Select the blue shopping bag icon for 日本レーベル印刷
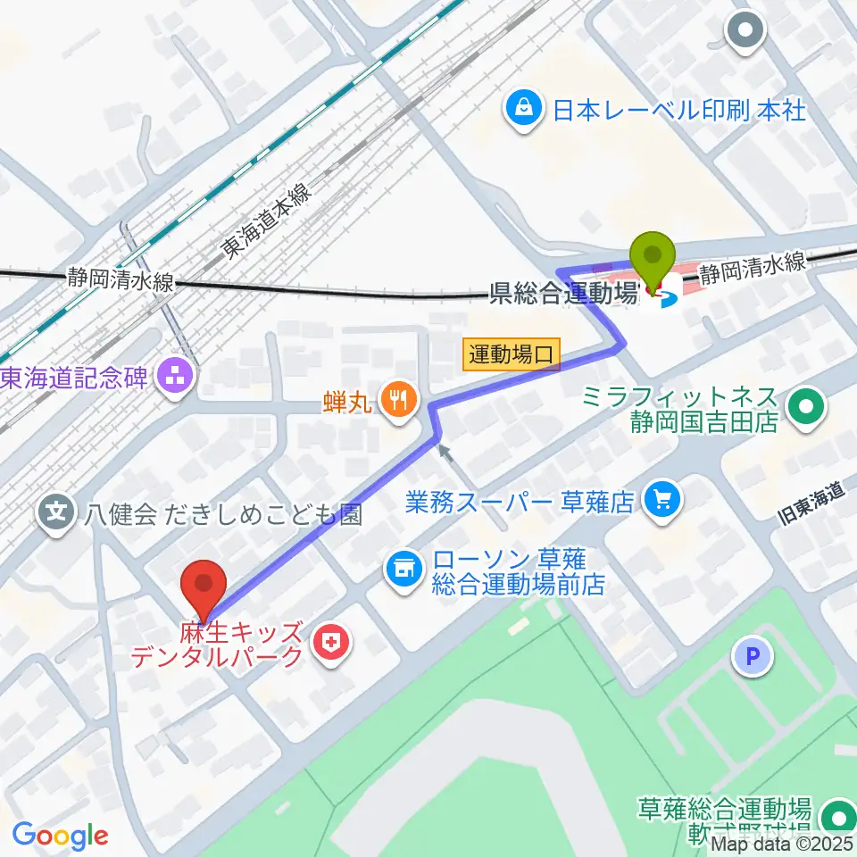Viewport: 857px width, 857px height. pyautogui.click(x=520, y=110)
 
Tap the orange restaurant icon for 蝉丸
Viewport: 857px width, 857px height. pyautogui.click(x=397, y=398)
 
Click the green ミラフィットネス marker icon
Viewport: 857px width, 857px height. pyautogui.click(x=807, y=409)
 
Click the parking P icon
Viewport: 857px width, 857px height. pyautogui.click(x=752, y=658)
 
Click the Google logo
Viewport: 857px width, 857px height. pyautogui.click(x=60, y=836)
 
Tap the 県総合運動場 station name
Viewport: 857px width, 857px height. pyautogui.click(x=563, y=292)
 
